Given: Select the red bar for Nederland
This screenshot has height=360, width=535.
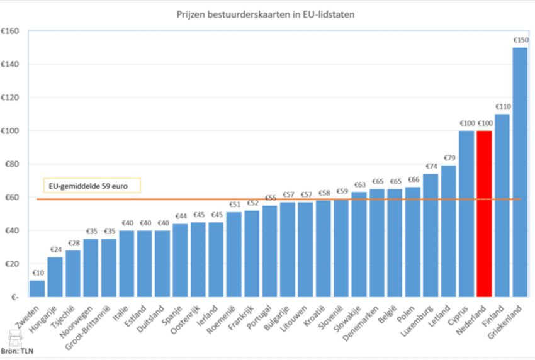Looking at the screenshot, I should click(x=484, y=214).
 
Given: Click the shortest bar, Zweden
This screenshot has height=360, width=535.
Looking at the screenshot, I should click(x=37, y=288).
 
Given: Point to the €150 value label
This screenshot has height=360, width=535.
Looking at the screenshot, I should click(x=520, y=41).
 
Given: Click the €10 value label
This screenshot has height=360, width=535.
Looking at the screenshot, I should click(x=37, y=273).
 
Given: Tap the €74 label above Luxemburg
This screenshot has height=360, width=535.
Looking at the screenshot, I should click(x=431, y=166).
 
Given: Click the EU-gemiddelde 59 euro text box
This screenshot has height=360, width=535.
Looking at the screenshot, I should click(x=92, y=186).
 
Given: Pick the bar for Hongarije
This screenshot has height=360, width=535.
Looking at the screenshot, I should click(x=55, y=277).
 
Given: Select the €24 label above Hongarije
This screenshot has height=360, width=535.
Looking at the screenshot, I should click(x=55, y=250).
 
